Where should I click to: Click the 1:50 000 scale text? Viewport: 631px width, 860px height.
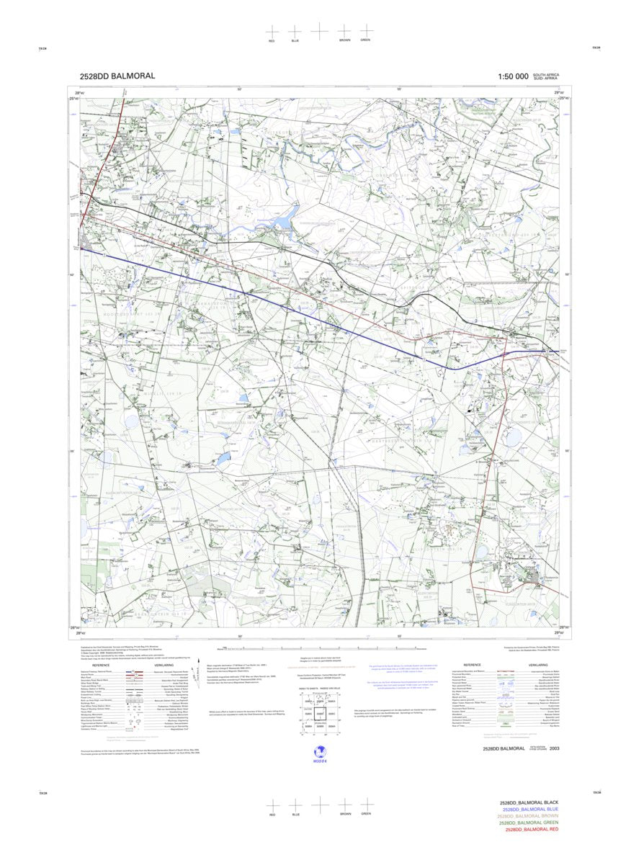[x=512, y=76]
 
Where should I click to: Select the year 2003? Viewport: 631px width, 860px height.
[x=554, y=749]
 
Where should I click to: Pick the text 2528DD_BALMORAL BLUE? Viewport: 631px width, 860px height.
[x=529, y=809]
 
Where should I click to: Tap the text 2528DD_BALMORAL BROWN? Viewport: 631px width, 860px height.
[x=529, y=816]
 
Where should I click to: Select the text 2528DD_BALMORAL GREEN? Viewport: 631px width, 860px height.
[x=529, y=823]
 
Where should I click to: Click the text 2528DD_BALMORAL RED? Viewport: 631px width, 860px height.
[x=532, y=830]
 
